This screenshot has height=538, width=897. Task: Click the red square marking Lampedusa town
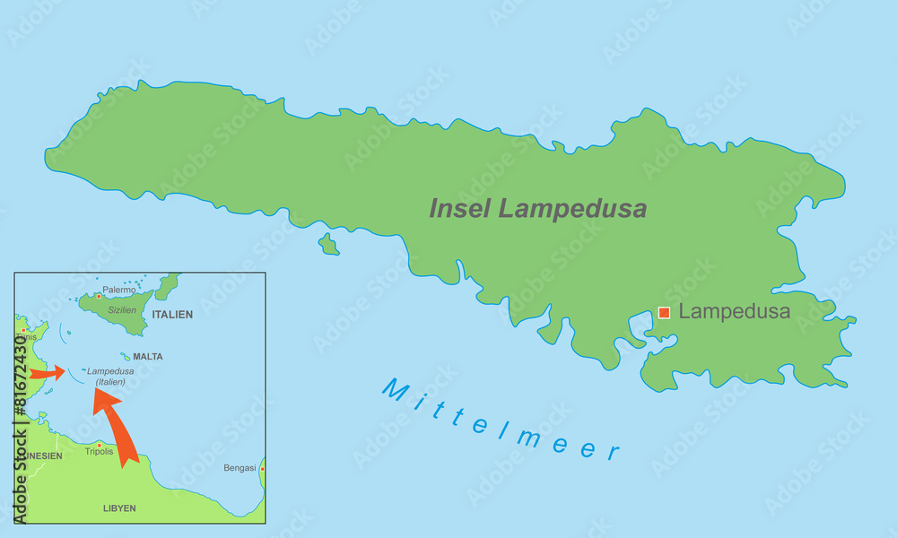664,313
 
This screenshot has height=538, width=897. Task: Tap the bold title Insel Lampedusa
538,209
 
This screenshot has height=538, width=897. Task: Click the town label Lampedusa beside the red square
734,312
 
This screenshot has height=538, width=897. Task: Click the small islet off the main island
328,244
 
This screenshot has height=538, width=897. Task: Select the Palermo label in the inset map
118,290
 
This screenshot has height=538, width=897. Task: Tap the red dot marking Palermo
99,295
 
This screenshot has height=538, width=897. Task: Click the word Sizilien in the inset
122,309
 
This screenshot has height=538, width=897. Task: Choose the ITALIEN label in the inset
172,315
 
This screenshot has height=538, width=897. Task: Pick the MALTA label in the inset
148,356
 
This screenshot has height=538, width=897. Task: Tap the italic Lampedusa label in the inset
111,371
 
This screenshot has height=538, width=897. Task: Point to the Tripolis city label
100,451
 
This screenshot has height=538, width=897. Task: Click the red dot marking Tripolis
99,444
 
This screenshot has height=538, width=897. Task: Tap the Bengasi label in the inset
239,468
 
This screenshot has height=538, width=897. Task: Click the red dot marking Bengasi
261,468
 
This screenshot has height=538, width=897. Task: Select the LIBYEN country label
119,508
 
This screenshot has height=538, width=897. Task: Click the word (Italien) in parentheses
111,382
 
